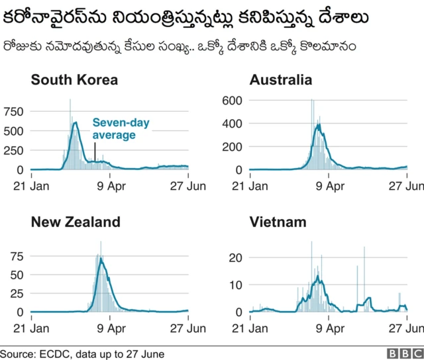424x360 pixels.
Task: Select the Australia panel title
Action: (280, 80)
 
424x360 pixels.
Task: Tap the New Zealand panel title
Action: (76, 222)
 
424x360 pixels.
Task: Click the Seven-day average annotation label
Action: (114, 128)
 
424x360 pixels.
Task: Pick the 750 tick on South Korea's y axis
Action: (13, 111)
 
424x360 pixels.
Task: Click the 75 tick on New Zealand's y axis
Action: (17, 255)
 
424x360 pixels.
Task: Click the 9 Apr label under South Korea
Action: (111, 186)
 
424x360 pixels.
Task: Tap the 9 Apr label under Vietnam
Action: (329, 328)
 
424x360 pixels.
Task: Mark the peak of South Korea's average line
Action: (75, 122)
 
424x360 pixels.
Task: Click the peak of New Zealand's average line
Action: (101, 259)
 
